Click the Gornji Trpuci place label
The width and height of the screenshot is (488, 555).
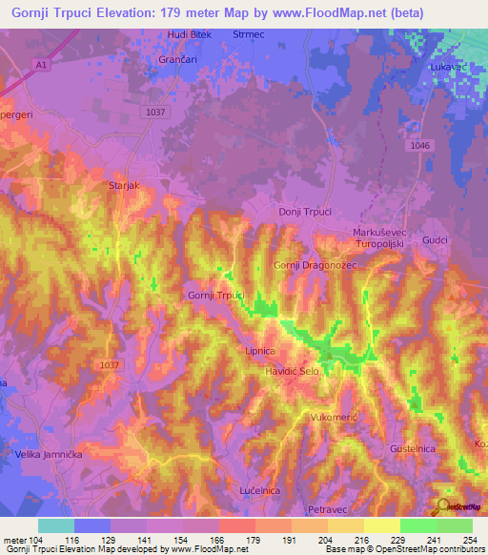pyautogui.click(x=216, y=296)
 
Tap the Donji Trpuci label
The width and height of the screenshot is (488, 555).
pyautogui.click(x=304, y=212)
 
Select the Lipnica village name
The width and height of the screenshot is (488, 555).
pyautogui.click(x=260, y=351)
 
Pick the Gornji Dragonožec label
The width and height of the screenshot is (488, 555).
pyautogui.click(x=315, y=265)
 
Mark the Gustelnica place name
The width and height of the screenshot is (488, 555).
pyautogui.click(x=413, y=447)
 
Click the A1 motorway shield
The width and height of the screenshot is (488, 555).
pyautogui.click(x=40, y=64)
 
